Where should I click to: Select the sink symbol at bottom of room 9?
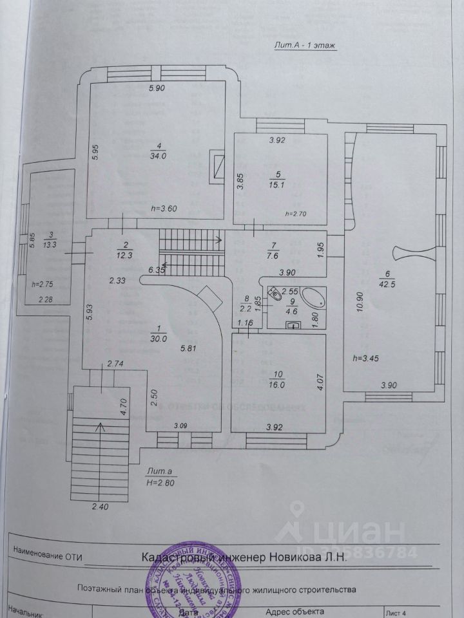[x=295, y=325]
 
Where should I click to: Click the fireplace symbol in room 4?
[x=218, y=166]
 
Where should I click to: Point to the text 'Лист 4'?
[x=396, y=613]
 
